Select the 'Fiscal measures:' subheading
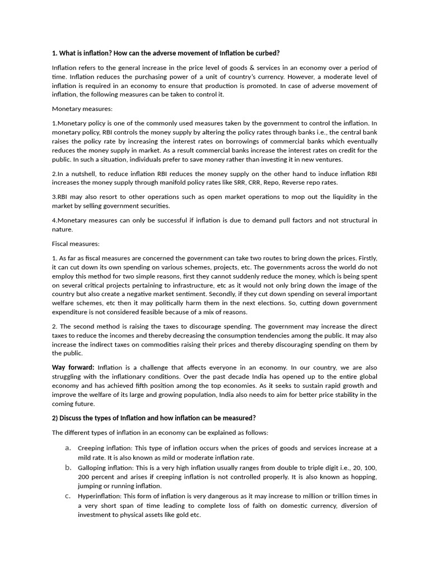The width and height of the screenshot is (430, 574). click(x=76, y=244)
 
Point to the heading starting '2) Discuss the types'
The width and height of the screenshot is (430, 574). click(x=154, y=418)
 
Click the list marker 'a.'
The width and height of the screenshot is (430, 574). click(x=67, y=447)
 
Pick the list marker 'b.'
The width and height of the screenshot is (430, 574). click(x=67, y=467)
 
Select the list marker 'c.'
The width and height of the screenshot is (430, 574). click(x=67, y=496)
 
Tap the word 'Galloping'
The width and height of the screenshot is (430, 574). click(x=92, y=467)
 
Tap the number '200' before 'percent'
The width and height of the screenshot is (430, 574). click(x=84, y=477)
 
